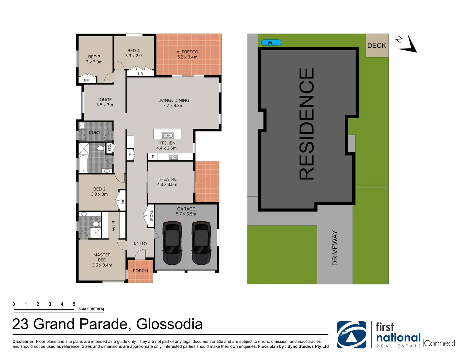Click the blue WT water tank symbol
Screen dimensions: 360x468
pyautogui.click(x=271, y=43)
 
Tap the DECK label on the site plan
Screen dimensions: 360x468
pyautogui.click(x=376, y=45)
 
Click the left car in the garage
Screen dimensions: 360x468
pyautogui.click(x=172, y=243)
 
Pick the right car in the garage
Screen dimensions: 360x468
pyautogui.click(x=201, y=243)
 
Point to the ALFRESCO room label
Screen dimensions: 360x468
pyautogui.click(x=187, y=52)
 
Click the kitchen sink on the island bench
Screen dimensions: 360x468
pyautogui.click(x=167, y=135)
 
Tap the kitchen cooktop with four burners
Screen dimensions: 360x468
pyautogui.click(x=173, y=157)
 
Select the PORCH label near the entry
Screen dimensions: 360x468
pyautogui.click(x=140, y=271)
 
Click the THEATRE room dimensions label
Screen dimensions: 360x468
pyautogui.click(x=167, y=184)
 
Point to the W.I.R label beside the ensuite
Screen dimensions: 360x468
pyautogui.click(x=114, y=225)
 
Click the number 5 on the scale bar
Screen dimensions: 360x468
pyautogui.click(x=74, y=304)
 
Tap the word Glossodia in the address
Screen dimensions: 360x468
pyautogui.click(x=169, y=324)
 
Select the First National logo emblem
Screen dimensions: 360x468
pyautogui.click(x=351, y=335)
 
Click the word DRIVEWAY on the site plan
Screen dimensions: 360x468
pyautogui.click(x=335, y=248)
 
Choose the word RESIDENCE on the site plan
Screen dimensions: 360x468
pyautogui.click(x=307, y=124)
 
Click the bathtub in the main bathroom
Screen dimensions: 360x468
pyautogui.click(x=83, y=163)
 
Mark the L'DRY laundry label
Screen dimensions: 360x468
pyautogui.click(x=94, y=132)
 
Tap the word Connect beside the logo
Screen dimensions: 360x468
pyautogui.click(x=439, y=343)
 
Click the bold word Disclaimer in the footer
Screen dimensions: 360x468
pyautogui.click(x=23, y=341)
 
